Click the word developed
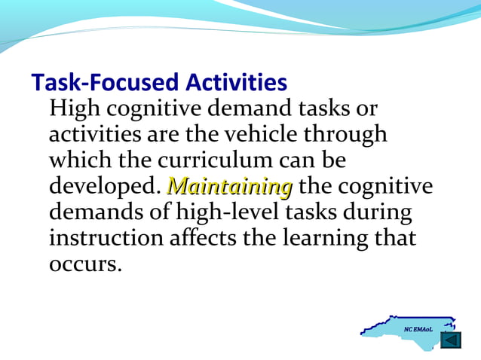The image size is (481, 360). (105, 187)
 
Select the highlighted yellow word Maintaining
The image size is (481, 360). (229, 186)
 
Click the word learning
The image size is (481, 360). (330, 239)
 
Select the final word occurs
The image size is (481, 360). (84, 264)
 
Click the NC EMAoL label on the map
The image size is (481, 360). (418, 330)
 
